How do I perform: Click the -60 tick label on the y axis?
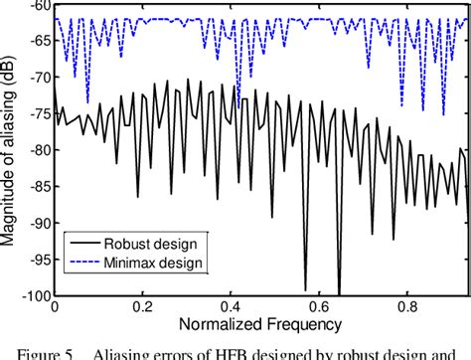pos(37,5)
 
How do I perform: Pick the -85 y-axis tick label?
pos(37,187)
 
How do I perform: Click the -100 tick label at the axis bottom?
pos(34,296)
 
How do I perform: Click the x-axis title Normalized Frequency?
pos(260,325)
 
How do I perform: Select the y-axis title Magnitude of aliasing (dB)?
pos(9,149)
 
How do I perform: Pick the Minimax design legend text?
pos(162,264)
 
